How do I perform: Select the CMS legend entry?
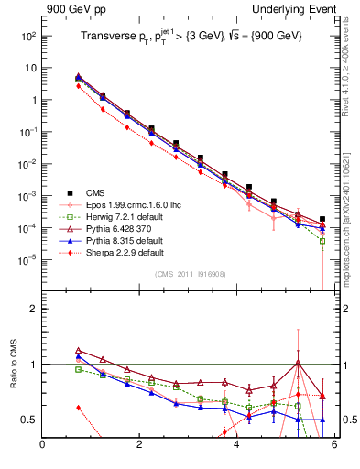pyautogui.click(x=96, y=193)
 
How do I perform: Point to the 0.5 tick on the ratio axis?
pyautogui.click(x=28, y=420)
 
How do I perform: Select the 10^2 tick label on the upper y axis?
pyautogui.click(x=27, y=36)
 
